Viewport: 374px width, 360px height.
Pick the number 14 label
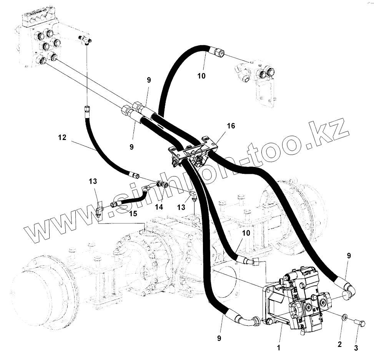coord(159,207)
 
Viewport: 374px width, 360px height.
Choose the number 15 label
coord(133,213)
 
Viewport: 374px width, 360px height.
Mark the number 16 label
coord(231,126)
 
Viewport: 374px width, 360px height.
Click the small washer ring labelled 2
coord(345,317)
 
